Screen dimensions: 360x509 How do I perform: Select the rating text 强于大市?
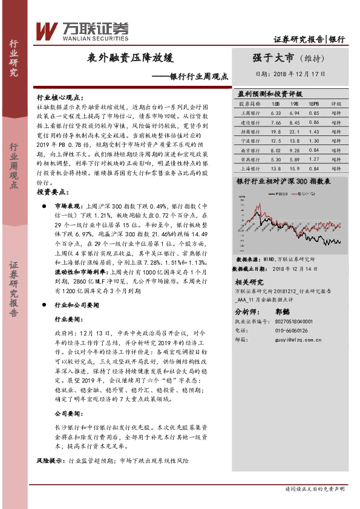[x=273, y=58]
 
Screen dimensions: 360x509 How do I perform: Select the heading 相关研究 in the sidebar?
[x=249, y=282]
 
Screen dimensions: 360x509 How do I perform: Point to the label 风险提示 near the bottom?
[x=51, y=461]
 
